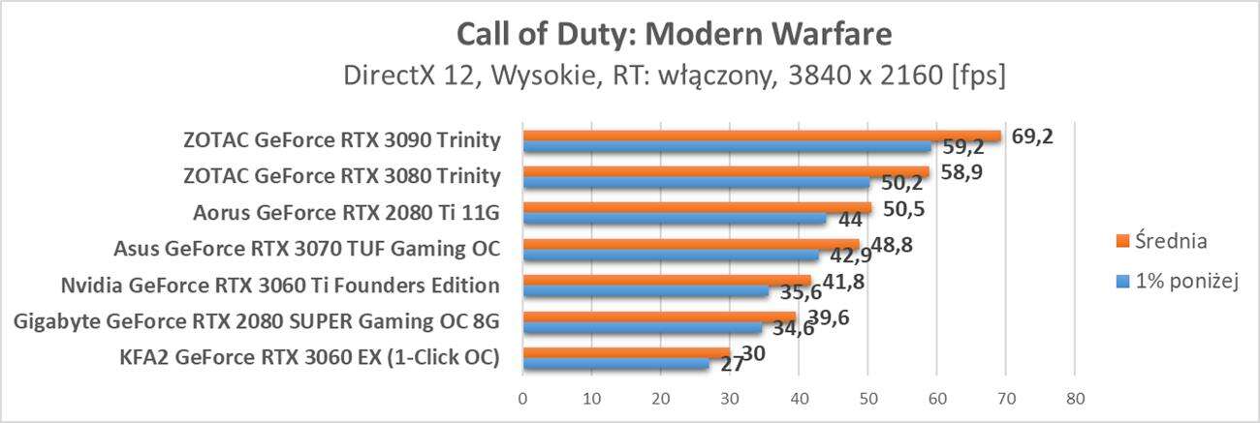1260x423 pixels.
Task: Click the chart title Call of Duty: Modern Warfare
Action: (673, 35)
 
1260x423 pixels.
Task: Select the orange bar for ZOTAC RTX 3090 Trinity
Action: (761, 136)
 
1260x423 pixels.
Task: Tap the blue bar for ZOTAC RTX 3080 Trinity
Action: (696, 182)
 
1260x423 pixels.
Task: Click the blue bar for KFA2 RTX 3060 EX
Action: (615, 364)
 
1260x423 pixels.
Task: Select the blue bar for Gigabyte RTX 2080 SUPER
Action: (642, 328)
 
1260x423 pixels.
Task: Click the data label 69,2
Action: (1031, 136)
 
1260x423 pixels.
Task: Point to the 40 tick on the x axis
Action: (799, 397)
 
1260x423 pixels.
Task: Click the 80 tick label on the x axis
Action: (1074, 397)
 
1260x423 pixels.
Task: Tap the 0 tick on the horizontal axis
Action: (522, 397)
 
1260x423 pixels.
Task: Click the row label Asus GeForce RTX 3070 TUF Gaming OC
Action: (306, 248)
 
